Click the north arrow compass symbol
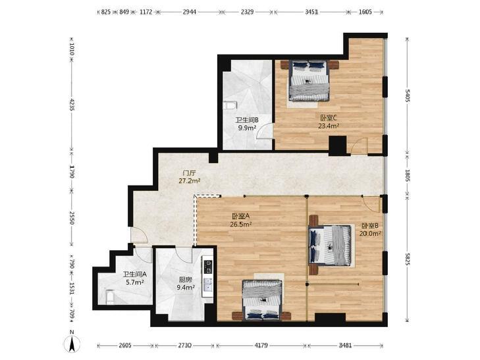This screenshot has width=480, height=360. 72,344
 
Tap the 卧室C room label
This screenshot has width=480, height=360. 329,118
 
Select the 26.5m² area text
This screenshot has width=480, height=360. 240,224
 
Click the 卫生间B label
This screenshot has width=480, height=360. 247,120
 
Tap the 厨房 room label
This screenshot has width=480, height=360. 185,280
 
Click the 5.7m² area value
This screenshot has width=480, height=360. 135,282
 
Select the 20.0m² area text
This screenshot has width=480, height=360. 370,234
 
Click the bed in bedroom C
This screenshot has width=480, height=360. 309,80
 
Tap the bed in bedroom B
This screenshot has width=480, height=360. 330,245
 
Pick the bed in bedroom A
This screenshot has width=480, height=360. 262,300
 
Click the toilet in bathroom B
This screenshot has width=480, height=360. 230,105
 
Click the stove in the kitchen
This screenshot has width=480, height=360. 207,267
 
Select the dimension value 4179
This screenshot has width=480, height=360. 261,346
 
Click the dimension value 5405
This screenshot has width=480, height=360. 407,95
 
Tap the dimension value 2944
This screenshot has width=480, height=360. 189,12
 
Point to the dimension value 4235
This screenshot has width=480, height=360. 72,104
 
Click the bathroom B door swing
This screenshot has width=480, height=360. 265,131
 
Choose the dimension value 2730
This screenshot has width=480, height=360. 185,346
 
